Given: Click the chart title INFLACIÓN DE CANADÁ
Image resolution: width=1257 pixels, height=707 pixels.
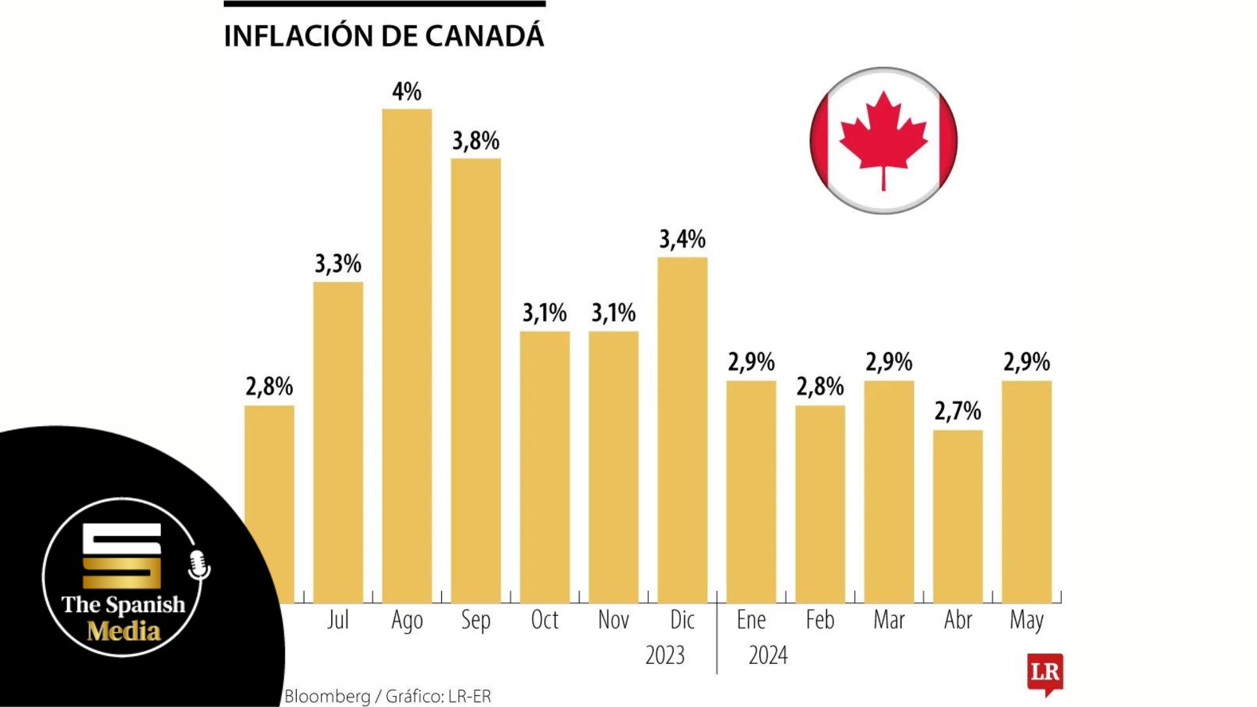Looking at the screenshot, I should click(384, 36).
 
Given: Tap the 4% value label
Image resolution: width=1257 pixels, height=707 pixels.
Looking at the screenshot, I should click(407, 92).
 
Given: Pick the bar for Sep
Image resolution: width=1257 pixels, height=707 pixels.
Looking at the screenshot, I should click(476, 380).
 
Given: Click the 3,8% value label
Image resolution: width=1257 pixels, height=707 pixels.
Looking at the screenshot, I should click(476, 141).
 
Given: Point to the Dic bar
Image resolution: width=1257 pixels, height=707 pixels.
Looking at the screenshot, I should click(682, 430).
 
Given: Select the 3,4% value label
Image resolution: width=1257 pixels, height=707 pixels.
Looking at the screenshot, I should click(682, 240).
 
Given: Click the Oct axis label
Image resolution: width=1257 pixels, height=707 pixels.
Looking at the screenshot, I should click(545, 620).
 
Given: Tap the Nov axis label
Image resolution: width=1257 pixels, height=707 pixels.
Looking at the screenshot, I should click(613, 620).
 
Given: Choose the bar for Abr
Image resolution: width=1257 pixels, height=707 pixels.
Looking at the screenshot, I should click(958, 517).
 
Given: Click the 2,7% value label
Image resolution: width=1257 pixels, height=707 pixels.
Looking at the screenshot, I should click(958, 411).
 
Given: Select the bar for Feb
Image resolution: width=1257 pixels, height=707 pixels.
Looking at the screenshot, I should click(820, 504).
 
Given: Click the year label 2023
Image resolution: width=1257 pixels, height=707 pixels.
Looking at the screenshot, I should click(665, 655).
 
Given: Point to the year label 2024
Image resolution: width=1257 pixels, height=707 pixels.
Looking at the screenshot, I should click(768, 655).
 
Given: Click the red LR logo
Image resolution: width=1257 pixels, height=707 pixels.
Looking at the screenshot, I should click(1045, 673).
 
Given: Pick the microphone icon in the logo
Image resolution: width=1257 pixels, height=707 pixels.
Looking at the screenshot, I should click(198, 564).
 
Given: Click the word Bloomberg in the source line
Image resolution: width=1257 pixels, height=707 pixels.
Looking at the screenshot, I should click(327, 697).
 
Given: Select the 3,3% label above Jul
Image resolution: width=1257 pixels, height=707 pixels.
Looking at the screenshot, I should click(338, 264).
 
